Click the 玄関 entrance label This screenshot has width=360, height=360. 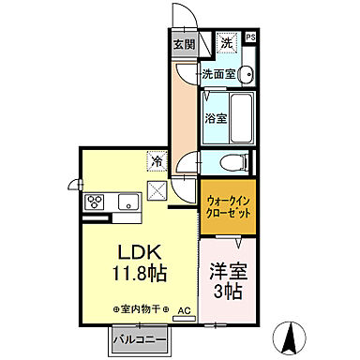click(x=184, y=42)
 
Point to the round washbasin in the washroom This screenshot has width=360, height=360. click(x=245, y=75)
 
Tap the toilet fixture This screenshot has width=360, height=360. click(x=235, y=162)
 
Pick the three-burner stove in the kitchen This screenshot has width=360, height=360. click(x=97, y=202)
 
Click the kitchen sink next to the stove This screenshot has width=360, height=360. click(x=127, y=201)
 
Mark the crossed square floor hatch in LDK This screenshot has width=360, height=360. click(x=157, y=190)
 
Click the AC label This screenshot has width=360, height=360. click(x=184, y=309)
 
